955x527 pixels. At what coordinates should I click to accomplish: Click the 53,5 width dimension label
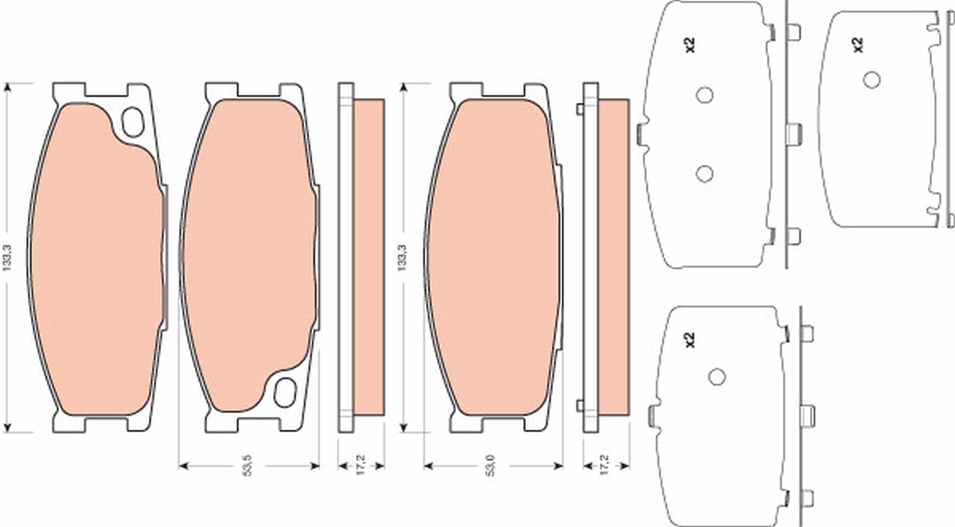pyautogui.click(x=248, y=465)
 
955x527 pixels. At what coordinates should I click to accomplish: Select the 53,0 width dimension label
pyautogui.click(x=492, y=465)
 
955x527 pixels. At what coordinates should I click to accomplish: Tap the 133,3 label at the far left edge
pyautogui.click(x=6, y=258)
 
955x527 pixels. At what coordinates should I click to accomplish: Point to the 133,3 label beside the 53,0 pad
pyautogui.click(x=402, y=258)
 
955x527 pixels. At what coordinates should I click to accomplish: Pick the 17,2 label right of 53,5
pyautogui.click(x=361, y=465)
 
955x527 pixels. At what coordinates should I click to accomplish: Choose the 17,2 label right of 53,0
pyautogui.click(x=605, y=465)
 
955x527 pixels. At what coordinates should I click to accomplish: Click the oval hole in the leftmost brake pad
pyautogui.click(x=133, y=123)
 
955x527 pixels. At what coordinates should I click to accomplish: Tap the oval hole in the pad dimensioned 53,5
pyautogui.click(x=285, y=392)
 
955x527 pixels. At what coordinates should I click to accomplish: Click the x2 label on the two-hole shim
pyautogui.click(x=690, y=45)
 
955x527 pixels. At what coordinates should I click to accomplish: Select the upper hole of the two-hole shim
pyautogui.click(x=705, y=95)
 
